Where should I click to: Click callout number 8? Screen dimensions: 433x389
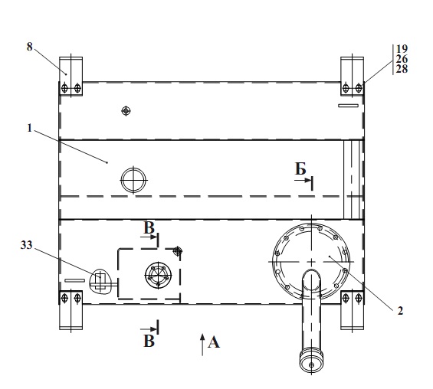(x=30, y=47)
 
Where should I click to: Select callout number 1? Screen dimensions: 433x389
(x=30, y=128)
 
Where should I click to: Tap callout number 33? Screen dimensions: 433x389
(x=27, y=245)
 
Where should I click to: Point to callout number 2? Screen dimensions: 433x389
(x=400, y=311)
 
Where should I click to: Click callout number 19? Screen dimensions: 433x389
(x=402, y=49)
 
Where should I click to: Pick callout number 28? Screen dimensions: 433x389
(x=402, y=69)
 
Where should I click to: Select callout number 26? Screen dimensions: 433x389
(x=402, y=59)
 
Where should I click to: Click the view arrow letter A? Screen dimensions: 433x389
(x=214, y=342)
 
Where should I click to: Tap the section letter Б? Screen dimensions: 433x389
(x=300, y=168)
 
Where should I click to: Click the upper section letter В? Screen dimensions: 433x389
(x=149, y=228)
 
